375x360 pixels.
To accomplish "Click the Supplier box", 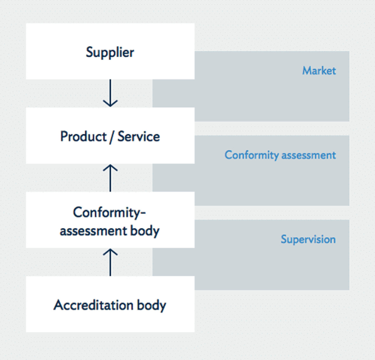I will click(109, 51).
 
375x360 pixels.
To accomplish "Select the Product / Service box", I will click(109, 136).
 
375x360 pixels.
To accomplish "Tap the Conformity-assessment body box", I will click(109, 220).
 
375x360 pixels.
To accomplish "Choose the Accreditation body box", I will click(109, 304).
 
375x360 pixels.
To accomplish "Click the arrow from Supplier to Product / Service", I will click(110, 93).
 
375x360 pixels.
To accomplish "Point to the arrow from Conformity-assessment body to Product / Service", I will click(110, 177).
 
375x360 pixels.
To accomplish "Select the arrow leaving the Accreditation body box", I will click(110, 262).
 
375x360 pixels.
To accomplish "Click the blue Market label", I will click(319, 71).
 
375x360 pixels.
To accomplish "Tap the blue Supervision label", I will click(308, 239).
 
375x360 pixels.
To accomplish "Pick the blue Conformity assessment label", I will click(280, 155).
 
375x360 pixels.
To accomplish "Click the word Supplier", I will click(109, 52).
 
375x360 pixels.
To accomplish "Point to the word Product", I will click(82, 136).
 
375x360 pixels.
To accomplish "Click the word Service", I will click(139, 136).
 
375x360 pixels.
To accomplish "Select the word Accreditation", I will click(93, 305).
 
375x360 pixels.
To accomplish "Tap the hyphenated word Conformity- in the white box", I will click(109, 212).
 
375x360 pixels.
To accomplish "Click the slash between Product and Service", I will click(111, 136).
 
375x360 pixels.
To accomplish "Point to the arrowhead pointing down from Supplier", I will click(110, 102).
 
